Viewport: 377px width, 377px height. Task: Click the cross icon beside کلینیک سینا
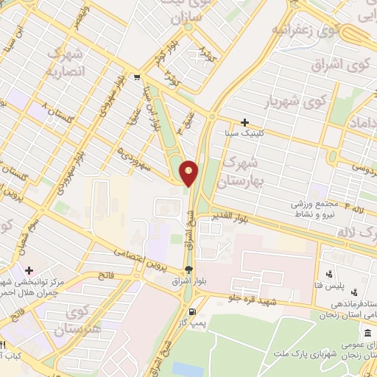click(x=245, y=122)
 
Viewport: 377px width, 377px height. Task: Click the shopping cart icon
click(x=137, y=77)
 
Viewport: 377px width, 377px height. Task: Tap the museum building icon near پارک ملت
click(x=367, y=335)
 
